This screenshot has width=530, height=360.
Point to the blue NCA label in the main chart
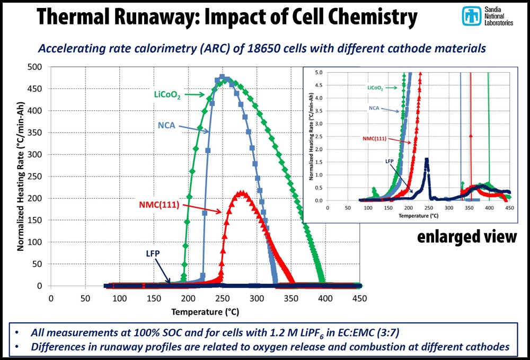167,125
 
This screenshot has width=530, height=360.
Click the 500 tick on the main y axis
37,67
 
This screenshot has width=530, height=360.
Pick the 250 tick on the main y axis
37,177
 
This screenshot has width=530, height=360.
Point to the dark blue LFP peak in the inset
427,159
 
